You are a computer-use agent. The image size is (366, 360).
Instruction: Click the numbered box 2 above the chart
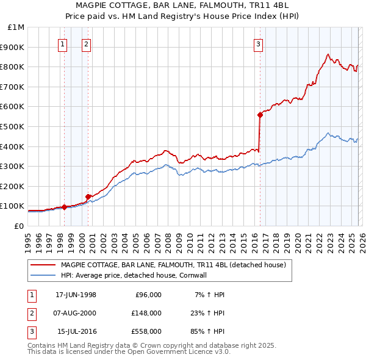pyautogui.click(x=87, y=44)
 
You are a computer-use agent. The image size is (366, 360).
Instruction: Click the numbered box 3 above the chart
pyautogui.click(x=259, y=44)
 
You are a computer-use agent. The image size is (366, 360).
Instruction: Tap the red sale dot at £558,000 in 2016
pyautogui.click(x=260, y=114)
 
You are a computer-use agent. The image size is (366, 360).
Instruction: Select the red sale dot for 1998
pyautogui.click(x=65, y=207)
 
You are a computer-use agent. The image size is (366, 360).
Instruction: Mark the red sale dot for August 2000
pyautogui.click(x=88, y=196)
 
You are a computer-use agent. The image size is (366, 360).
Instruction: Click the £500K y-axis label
pyautogui.click(x=13, y=126)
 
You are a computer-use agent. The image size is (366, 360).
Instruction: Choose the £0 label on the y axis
pyautogui.click(x=18, y=226)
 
